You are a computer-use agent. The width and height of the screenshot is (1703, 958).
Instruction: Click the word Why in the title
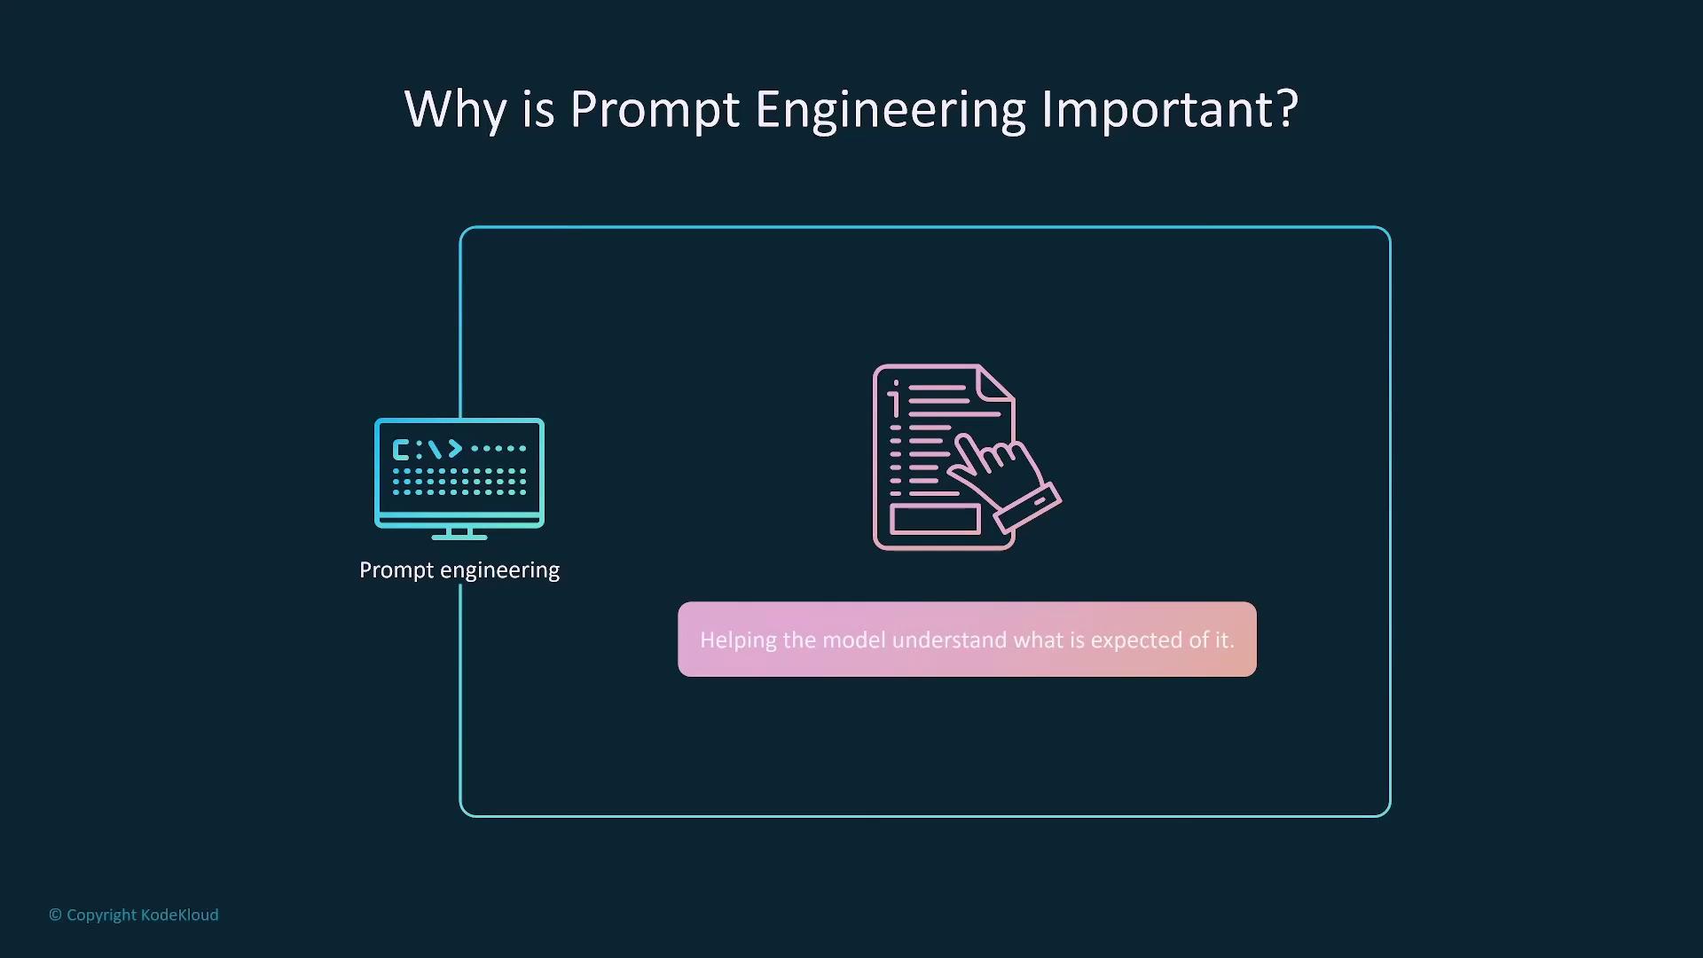point(455,110)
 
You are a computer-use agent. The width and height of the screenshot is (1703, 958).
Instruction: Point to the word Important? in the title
point(1170,110)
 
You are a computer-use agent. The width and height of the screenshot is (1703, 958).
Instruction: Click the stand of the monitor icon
point(459,533)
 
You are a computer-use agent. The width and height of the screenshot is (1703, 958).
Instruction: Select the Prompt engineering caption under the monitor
point(459,570)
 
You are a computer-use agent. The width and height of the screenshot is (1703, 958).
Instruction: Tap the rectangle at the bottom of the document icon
point(936,519)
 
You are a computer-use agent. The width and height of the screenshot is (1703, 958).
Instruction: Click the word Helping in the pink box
point(739,640)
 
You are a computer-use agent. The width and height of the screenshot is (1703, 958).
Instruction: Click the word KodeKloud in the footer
point(180,915)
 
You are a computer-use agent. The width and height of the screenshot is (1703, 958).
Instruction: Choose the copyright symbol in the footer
point(55,915)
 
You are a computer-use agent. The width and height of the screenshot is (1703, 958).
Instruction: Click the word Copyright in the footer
point(101,915)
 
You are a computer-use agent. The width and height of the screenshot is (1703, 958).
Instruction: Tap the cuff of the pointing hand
point(1028,508)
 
